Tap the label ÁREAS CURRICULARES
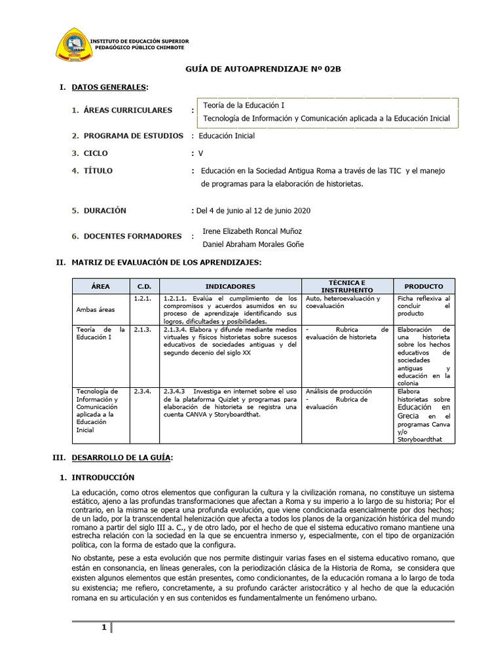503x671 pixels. [x=128, y=110]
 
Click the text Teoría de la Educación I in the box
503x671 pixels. [x=244, y=105]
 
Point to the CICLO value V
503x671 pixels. [x=200, y=153]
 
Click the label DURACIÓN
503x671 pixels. [x=105, y=211]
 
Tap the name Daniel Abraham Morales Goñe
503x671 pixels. [x=253, y=244]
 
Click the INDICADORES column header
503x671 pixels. [x=230, y=286]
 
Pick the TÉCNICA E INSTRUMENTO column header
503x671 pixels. [x=347, y=286]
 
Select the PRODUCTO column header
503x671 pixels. [x=423, y=286]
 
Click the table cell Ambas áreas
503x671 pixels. [x=96, y=309]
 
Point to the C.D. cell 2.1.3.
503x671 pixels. [x=143, y=329]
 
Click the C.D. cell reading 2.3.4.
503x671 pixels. [x=143, y=391]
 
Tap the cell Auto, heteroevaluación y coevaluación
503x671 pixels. [x=343, y=302]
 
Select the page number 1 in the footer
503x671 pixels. [x=103, y=628]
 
